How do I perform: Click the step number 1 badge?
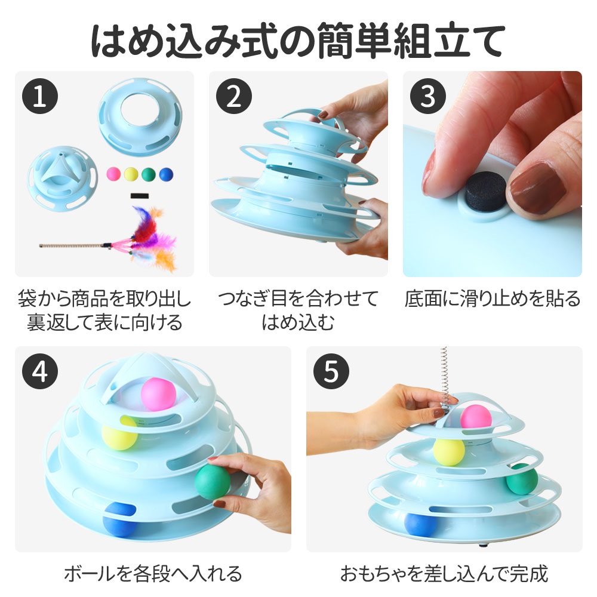point(40,96)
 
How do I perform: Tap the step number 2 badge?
point(234,96)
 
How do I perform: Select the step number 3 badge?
point(428,96)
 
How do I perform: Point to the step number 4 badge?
point(40,371)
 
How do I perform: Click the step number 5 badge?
point(331,371)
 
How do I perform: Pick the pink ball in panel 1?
point(113,174)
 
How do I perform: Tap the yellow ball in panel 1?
point(131,174)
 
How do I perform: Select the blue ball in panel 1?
point(166,174)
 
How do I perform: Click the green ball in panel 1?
point(149,174)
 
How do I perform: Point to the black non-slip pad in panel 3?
point(485,192)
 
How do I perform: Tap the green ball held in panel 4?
point(213,482)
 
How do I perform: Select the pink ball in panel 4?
point(158,394)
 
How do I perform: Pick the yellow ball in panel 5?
point(449,451)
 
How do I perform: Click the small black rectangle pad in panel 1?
point(139,196)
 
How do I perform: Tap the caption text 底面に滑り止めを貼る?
point(493,298)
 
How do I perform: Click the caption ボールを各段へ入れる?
point(153,573)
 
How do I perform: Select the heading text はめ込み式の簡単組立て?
point(298,40)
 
